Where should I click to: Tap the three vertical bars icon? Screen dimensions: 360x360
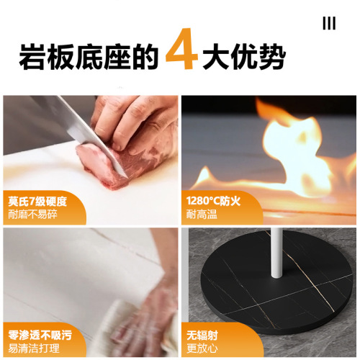pyautogui.click(x=329, y=24)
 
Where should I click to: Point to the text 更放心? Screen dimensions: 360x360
pyautogui.click(x=201, y=347)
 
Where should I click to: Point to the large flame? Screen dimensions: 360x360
pyautogui.click(x=288, y=151)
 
